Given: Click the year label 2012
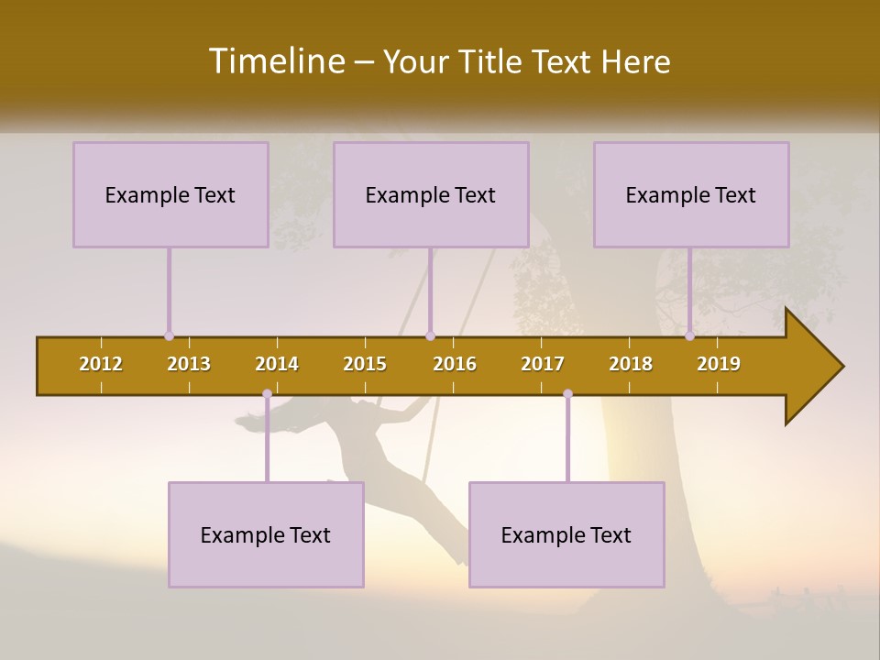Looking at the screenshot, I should tap(101, 364).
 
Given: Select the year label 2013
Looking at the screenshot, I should tap(189, 364).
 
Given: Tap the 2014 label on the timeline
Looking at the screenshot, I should tap(277, 364).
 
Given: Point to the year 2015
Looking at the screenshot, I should tap(365, 364).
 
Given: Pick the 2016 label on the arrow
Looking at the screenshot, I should tap(455, 364).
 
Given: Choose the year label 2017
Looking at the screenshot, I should tap(543, 364).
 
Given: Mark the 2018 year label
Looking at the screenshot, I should tap(631, 364).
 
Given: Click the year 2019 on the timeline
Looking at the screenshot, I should tap(719, 364).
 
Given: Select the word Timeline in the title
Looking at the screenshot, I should tap(275, 61).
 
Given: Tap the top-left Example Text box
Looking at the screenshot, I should tap(170, 195).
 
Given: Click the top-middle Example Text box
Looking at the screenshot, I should tap(431, 195).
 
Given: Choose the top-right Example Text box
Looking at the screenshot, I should tap(691, 195).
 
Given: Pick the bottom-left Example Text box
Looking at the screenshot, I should tap(266, 535).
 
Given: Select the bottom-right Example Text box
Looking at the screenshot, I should tap(566, 535).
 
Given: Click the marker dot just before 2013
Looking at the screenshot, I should tap(169, 336).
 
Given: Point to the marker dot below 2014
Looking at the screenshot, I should tap(267, 394).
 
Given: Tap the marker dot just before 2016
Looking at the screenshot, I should tap(430, 336).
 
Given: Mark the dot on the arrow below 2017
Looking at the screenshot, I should tap(567, 394).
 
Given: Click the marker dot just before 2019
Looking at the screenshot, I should tap(689, 336).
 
